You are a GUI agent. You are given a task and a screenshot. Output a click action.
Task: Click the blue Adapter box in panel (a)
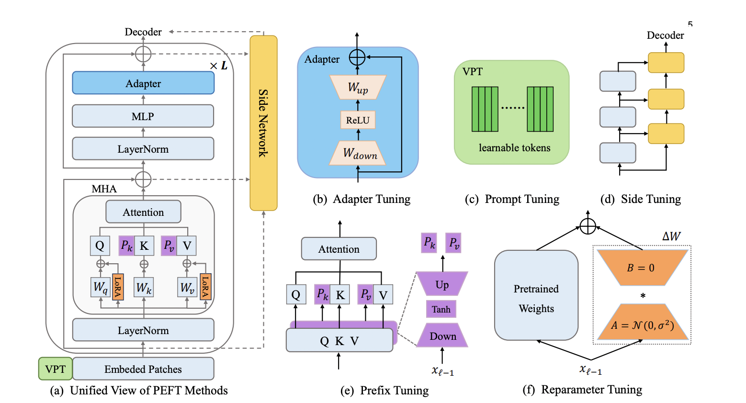coord(143,83)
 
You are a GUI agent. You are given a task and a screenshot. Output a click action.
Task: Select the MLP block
coord(143,116)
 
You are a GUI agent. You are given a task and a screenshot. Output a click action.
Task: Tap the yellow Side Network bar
coord(263,123)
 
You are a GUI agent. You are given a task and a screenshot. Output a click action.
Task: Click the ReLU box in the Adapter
coord(358,120)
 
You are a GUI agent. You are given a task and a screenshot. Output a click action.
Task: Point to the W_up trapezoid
coord(358,88)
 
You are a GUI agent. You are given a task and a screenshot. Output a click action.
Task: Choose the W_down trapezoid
coord(358,153)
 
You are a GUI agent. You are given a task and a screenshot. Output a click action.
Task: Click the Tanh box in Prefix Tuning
coord(441,309)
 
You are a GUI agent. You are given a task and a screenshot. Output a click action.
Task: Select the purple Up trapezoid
coord(441,284)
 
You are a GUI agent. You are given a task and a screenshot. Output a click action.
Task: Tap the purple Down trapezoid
coord(442,336)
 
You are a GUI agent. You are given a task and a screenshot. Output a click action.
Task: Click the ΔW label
coord(671,236)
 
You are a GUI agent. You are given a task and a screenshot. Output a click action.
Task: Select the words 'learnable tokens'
coord(514,148)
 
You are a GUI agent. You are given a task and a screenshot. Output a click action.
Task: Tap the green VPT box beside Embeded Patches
coord(56,369)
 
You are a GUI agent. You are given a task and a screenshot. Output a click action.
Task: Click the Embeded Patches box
coord(143,369)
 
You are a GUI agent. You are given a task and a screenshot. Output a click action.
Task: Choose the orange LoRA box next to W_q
coord(117,287)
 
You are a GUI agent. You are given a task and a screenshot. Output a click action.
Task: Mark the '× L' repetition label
coord(219,66)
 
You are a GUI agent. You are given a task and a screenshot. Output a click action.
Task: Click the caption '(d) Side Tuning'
coord(640,199)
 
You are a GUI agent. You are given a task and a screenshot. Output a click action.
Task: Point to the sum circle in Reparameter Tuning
coord(588,226)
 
